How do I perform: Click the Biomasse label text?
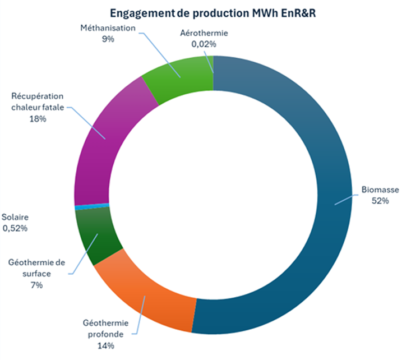380,190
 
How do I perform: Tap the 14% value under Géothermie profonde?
105,346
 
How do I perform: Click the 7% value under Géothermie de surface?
37,285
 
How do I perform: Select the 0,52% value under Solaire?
15,228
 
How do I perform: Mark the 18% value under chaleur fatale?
37,119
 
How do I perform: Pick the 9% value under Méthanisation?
108,39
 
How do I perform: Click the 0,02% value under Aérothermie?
204,44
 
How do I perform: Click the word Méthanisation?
108,28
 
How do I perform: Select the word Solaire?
15,217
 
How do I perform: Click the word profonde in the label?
105,335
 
